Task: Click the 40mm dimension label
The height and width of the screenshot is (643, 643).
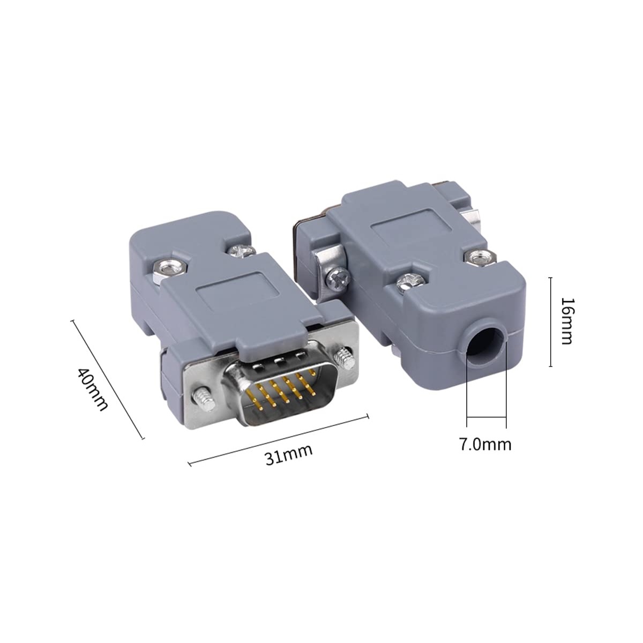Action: [93, 390]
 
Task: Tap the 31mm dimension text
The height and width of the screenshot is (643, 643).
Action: [289, 454]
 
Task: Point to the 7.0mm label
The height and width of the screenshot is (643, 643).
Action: [485, 444]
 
